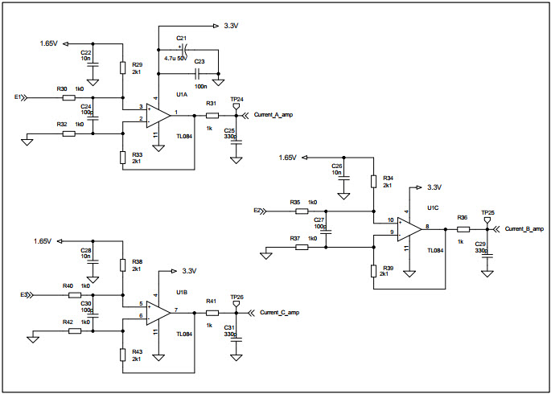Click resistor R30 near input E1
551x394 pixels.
tap(68, 97)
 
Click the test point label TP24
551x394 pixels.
tap(236, 99)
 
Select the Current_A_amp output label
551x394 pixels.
tap(273, 116)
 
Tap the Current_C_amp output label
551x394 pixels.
tap(280, 311)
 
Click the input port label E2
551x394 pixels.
tap(257, 211)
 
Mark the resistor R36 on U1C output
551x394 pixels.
tap(463, 229)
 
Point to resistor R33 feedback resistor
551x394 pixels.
tap(122, 155)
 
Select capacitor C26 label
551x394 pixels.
tap(337, 165)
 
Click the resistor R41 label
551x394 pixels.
tap(211, 300)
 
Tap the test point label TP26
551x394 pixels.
tap(236, 296)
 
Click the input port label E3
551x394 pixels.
tap(24, 295)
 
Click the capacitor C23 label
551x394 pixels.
tap(199, 61)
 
